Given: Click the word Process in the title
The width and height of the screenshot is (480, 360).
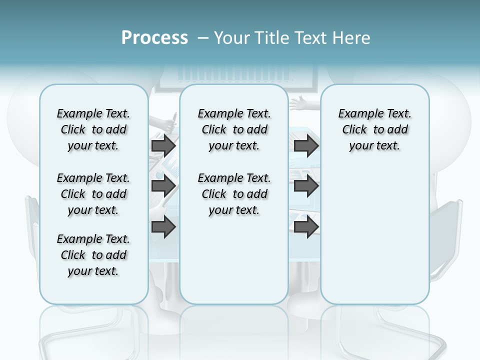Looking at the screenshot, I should [154, 38].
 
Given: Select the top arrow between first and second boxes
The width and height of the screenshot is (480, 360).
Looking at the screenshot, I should [163, 146].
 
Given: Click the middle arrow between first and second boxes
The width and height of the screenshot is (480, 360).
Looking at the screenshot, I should [163, 186].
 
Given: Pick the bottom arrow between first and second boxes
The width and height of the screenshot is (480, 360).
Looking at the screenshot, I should [163, 227].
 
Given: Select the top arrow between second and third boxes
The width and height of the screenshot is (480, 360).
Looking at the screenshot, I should [306, 146].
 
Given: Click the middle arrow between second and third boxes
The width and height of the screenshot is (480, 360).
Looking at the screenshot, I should [306, 186].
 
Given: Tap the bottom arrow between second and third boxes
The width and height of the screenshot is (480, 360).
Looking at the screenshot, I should [306, 227].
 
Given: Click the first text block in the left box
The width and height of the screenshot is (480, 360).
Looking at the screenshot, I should [93, 129].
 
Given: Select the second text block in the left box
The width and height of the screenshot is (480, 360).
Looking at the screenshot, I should [93, 194].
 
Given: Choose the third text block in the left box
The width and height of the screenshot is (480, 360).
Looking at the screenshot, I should [93, 255].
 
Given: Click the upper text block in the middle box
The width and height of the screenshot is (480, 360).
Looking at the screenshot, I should [234, 129].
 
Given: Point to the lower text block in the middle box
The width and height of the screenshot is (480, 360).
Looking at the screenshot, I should [234, 194].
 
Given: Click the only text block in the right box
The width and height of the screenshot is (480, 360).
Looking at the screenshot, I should [374, 129].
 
